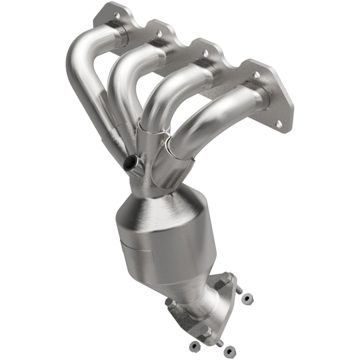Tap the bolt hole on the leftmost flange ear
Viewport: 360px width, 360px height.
(x=117, y=15)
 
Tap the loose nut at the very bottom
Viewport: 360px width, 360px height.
(x=229, y=350)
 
